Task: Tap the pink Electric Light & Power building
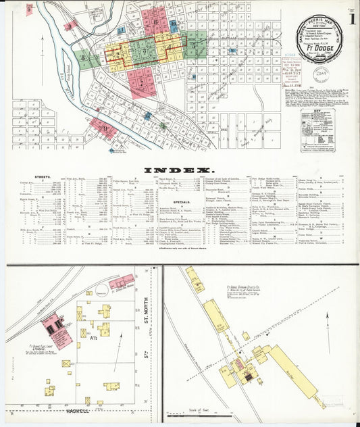click(x=52, y=325)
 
